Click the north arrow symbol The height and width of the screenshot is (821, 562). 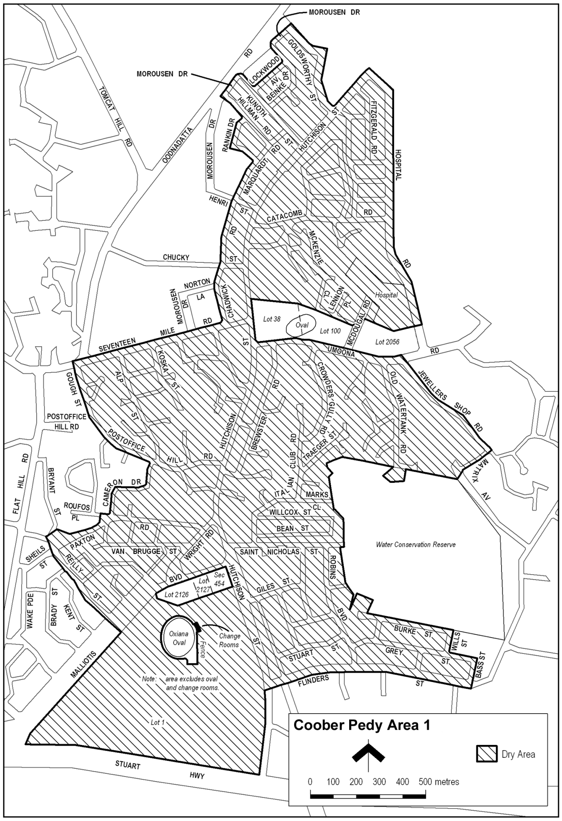pyautogui.click(x=368, y=753)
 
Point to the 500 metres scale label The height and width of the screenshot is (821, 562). pyautogui.click(x=439, y=781)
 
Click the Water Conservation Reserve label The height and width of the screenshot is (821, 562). pyautogui.click(x=416, y=545)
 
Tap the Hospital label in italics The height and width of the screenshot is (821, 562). pyautogui.click(x=386, y=295)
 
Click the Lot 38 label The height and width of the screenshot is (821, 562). pyautogui.click(x=271, y=319)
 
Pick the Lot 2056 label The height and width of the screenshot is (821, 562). pyautogui.click(x=388, y=342)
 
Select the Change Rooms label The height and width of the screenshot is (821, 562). pyautogui.click(x=230, y=640)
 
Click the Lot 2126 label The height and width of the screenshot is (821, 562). pyautogui.click(x=176, y=595)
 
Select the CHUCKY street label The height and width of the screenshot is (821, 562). pyautogui.click(x=176, y=257)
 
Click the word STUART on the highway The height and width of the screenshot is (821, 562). pyautogui.click(x=128, y=765)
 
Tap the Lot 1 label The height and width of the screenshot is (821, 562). pyautogui.click(x=158, y=722)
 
